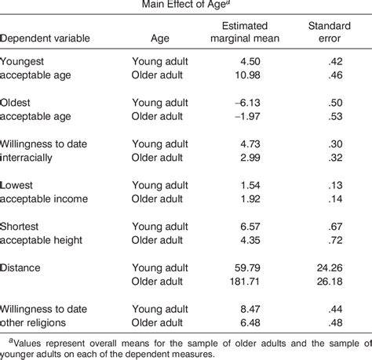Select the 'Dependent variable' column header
pos(45,38)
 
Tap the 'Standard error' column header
pos(330,32)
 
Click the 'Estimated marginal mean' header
pos(245,32)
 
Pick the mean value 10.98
pos(247,75)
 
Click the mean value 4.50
pos(250,61)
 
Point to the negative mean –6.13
pos(247,103)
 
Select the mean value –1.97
pos(247,116)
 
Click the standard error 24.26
pos(330,268)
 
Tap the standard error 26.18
pos(330,282)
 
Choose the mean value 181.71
pos(245,282)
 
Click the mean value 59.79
pos(247,268)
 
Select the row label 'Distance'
pos(20,268)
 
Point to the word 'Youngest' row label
pos(22,62)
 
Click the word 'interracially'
pos(26,158)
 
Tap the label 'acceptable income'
pos(44,199)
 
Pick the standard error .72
pos(335,240)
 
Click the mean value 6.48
pos(250,323)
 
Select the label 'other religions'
pos(33,323)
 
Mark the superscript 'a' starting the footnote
pos(11,340)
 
